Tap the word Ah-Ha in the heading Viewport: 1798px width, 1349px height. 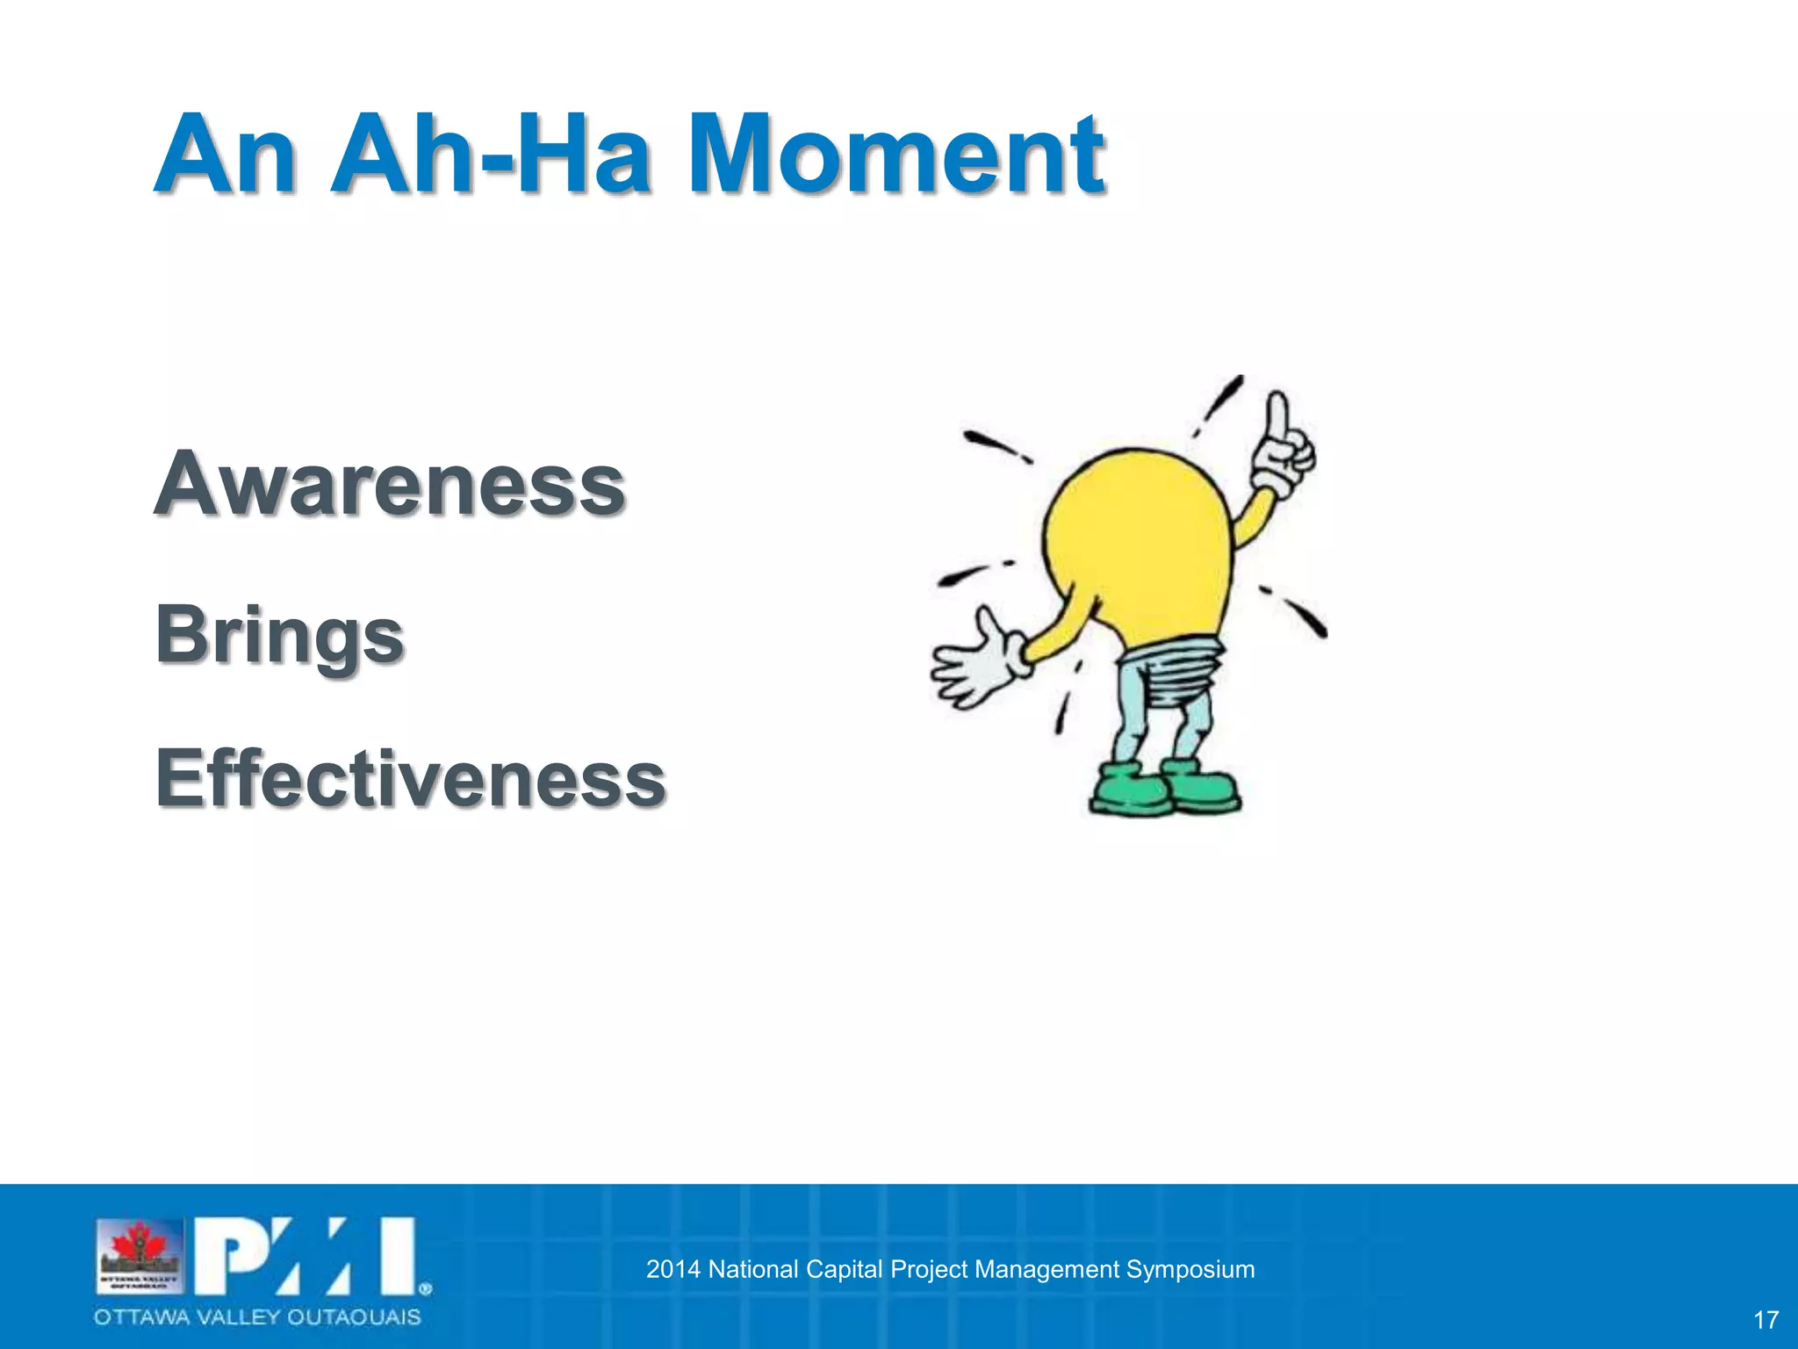tap(491, 155)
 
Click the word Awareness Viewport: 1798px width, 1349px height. tap(390, 484)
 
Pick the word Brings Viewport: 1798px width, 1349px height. tap(279, 635)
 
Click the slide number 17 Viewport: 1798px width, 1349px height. tap(1766, 1320)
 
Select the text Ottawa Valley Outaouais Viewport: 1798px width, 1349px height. tap(258, 1317)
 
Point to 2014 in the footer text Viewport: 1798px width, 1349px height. tap(673, 1269)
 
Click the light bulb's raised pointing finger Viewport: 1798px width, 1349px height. tap(1278, 417)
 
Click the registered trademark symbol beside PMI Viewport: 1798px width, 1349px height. tap(425, 1289)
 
